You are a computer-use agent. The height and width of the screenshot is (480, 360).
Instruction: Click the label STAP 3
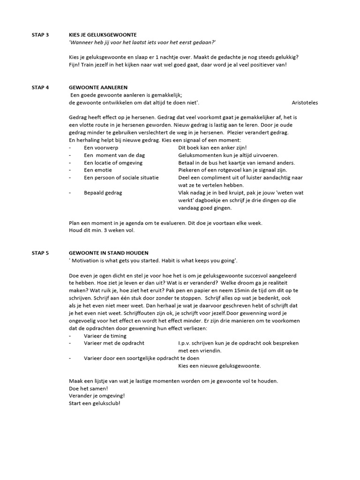[40, 35]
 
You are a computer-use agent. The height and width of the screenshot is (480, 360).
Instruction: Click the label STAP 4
[40, 88]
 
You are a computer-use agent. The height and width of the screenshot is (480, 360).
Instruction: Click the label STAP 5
[40, 253]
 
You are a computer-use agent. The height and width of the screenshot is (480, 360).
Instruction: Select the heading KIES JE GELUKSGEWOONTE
[103, 35]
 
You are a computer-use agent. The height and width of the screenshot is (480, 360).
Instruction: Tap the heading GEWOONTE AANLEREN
[98, 88]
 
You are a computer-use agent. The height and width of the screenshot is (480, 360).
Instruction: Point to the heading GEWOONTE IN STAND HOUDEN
[108, 253]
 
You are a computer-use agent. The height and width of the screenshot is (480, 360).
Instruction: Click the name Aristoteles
[304, 103]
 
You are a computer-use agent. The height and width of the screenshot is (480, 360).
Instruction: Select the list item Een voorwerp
[101, 148]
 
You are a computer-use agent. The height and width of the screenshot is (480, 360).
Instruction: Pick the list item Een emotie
[98, 170]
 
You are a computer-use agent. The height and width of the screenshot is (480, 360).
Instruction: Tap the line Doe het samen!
[88, 388]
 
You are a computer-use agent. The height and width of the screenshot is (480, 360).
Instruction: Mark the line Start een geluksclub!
[94, 403]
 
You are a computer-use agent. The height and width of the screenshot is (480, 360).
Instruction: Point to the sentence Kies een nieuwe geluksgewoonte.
[220, 366]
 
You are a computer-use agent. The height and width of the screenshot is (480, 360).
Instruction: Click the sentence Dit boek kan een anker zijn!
[212, 148]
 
